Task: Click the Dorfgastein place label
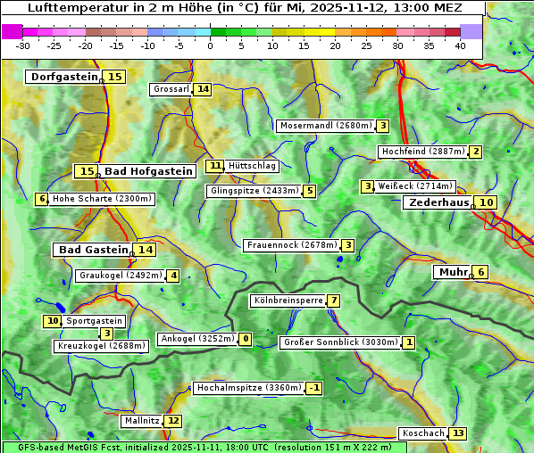[x=63, y=77]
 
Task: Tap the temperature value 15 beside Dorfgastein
[x=115, y=77]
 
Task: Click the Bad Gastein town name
[x=94, y=250]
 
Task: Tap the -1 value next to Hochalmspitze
[x=313, y=388]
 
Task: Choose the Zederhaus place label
[x=438, y=202]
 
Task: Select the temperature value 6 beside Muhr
[x=480, y=272]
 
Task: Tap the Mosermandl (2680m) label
[x=325, y=126]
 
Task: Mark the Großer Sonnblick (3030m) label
[x=340, y=342]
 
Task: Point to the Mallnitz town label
[x=141, y=420]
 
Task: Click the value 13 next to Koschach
[x=458, y=433]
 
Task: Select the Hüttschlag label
[x=252, y=166]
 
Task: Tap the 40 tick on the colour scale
[x=460, y=45]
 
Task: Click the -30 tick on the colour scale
[x=23, y=45]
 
